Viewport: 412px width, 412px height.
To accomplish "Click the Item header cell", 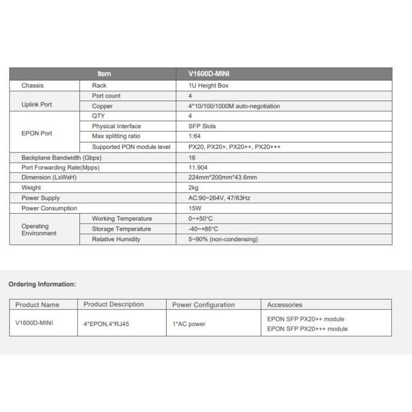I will point(104,74).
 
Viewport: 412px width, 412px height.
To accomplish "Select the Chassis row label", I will point(33,85).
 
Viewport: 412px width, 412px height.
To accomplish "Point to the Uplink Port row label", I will point(36,105).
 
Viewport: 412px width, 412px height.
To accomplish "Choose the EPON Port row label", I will point(36,133).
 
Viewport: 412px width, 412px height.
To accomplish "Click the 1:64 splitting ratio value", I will point(194,136).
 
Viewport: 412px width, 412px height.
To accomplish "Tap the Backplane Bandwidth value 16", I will point(191,158).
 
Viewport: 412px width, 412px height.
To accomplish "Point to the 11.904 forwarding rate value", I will point(197,167).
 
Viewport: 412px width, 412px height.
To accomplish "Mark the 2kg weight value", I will point(193,188).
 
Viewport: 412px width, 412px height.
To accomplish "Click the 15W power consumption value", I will point(194,208).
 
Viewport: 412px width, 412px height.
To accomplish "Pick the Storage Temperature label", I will point(121,229).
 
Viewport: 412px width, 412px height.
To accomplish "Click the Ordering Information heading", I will point(42,284).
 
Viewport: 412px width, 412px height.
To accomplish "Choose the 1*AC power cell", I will point(189,324).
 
